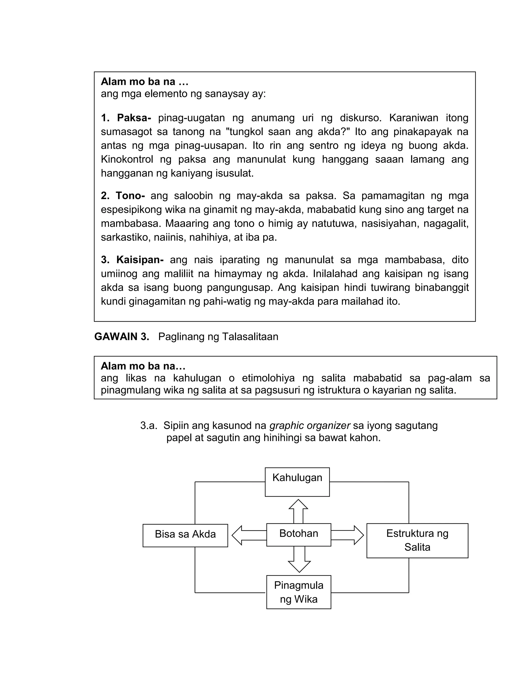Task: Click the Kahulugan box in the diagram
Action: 297,482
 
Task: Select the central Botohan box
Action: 298,534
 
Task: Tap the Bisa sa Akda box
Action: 185,535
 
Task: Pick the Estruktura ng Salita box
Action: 417,540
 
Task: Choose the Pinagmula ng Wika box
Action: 298,592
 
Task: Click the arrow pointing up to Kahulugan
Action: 298,511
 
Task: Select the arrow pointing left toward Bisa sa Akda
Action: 249,535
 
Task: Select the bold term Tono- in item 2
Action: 130,195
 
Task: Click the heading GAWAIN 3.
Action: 121,336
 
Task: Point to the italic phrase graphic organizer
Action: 310,425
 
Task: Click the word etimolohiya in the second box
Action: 268,378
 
